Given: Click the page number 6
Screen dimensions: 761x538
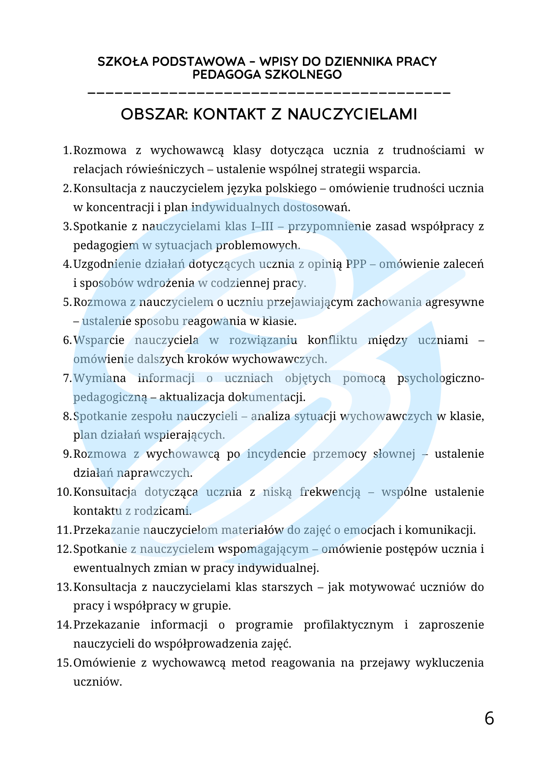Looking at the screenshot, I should [x=489, y=719].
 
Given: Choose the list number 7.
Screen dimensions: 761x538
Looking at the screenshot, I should [x=67, y=379].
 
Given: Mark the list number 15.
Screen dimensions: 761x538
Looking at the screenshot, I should [x=64, y=663].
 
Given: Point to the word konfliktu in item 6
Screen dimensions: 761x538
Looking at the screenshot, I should [x=332, y=340].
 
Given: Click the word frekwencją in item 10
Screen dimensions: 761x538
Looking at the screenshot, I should [x=329, y=492].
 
